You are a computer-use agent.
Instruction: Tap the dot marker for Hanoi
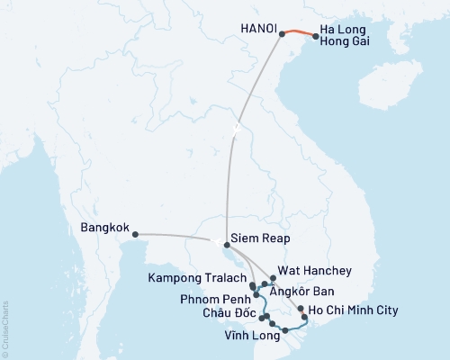coord(282,34)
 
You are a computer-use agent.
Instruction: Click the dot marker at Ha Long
coord(315,37)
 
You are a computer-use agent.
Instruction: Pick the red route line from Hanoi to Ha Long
coord(299,32)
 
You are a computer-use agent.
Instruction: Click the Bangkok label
coord(104,228)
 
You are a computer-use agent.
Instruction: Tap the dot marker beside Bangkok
coord(135,235)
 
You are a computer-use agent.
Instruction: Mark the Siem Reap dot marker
coord(226,242)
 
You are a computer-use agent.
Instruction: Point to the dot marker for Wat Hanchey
coord(273,267)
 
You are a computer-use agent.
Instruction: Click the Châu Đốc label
coord(228,313)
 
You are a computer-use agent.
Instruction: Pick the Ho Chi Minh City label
coord(351,311)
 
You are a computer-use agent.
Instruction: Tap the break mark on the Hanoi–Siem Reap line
coord(237,128)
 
